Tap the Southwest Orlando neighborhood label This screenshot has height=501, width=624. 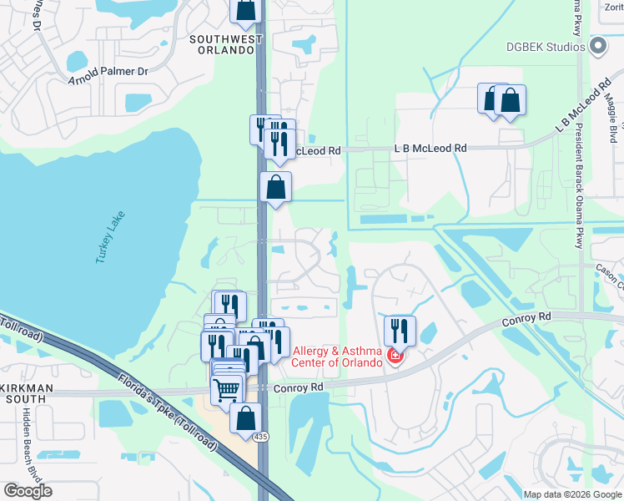point(221,44)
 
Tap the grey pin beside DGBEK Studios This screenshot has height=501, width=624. point(597,47)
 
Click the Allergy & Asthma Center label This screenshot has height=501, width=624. point(337,357)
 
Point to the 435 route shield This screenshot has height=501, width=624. point(264,437)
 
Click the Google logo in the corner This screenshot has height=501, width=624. point(28,491)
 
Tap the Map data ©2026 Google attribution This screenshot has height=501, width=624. point(572,494)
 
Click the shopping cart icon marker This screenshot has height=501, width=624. point(227,389)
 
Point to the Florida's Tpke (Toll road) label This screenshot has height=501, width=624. point(167,411)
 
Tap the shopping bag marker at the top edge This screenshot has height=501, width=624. point(246,10)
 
